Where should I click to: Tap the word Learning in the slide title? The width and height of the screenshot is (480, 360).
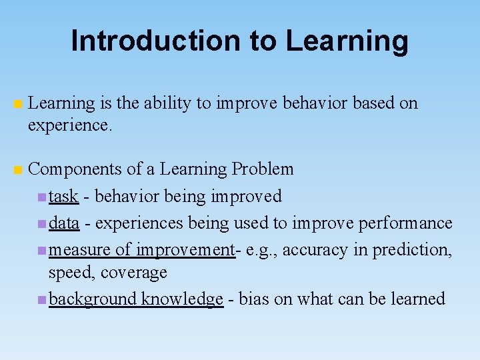pos(347,41)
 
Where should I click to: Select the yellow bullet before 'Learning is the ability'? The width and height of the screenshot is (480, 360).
pos(19,104)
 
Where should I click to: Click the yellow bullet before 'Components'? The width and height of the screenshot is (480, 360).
pos(19,170)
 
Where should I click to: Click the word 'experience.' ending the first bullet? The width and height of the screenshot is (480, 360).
pos(70,125)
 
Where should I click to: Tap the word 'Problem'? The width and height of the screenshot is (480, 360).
pos(263,169)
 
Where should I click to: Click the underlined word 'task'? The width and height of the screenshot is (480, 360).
pos(64,196)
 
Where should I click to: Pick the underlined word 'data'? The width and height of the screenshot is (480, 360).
pos(65,223)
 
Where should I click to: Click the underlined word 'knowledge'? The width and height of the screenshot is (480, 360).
pos(182,299)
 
